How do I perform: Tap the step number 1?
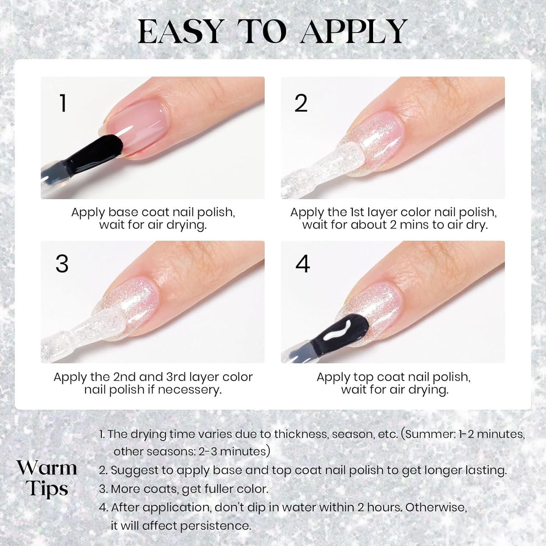click(x=63, y=103)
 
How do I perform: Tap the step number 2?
click(x=301, y=103)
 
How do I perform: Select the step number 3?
click(x=62, y=264)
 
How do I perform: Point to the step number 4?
click(x=302, y=264)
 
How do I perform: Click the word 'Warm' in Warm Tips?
click(x=47, y=468)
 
